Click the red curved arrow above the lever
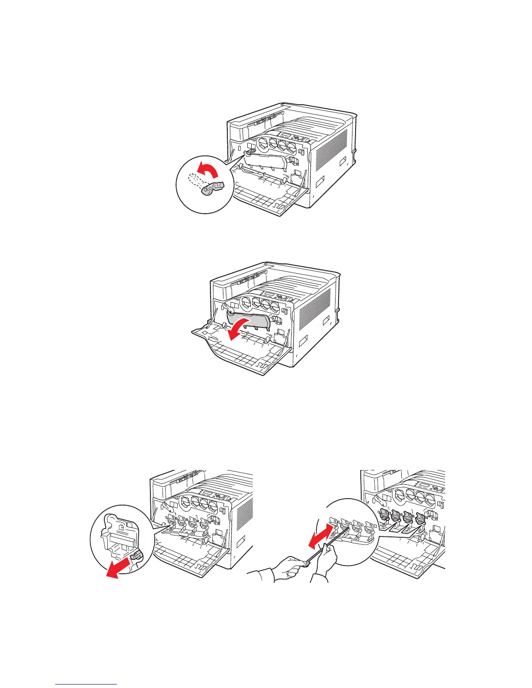point(207,168)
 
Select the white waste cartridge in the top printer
point(265,163)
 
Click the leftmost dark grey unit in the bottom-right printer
point(384,516)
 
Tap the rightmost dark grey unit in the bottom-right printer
point(420,518)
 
